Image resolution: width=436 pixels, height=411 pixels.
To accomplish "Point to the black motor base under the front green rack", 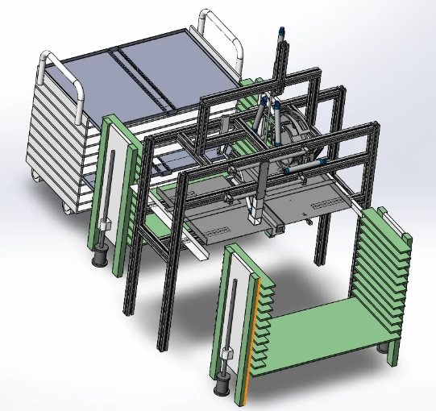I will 220,390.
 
